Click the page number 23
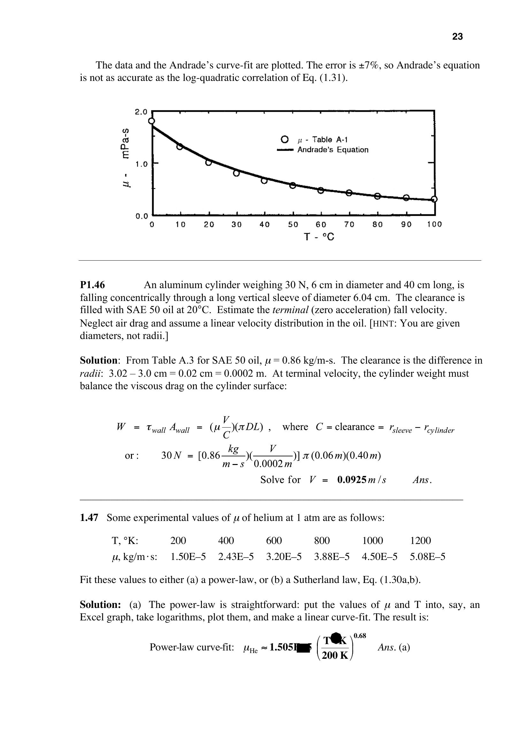pos(457,36)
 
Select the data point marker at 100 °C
pos(434,199)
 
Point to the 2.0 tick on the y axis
pos(141,112)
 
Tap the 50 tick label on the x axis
pos(293,224)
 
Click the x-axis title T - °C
pos(319,237)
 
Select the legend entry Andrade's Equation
pos(333,150)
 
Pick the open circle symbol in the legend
pos(284,139)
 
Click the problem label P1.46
pos(92,285)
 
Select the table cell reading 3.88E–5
pos(332,557)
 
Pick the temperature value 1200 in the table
pos(420,541)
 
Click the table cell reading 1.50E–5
pos(188,557)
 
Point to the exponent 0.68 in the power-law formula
pos(360,636)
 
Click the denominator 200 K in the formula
pos(335,655)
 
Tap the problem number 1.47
pos(89,518)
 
